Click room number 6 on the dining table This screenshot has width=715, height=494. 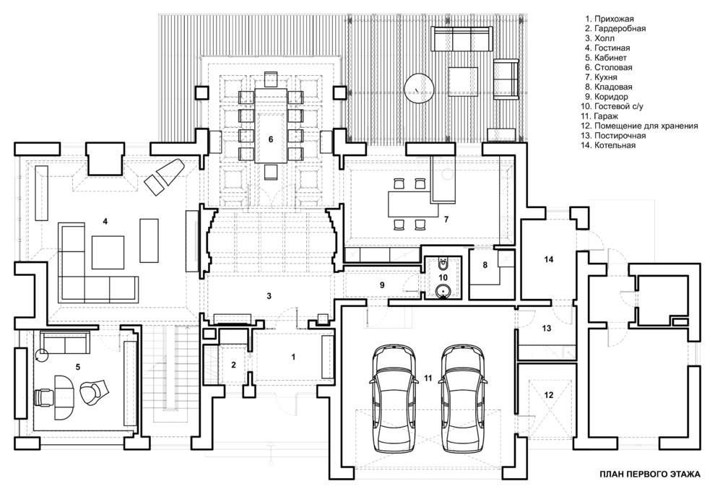click(271, 139)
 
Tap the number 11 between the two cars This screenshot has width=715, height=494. click(428, 378)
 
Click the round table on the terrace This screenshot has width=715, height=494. click(418, 89)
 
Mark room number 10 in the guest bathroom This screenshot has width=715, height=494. click(443, 277)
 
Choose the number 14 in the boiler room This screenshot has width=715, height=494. click(548, 259)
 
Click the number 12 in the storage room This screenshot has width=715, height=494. click(549, 395)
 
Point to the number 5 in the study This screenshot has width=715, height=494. click(77, 366)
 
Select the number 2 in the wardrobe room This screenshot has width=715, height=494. click(233, 365)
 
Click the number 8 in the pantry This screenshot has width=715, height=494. click(485, 265)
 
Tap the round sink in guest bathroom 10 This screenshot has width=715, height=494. click(443, 291)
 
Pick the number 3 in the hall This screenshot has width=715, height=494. click(269, 295)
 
